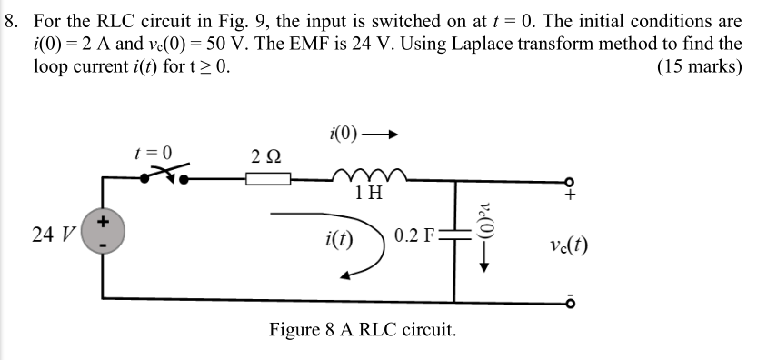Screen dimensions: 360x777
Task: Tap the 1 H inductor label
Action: click(369, 194)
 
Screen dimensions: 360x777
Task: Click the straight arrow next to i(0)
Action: click(381, 137)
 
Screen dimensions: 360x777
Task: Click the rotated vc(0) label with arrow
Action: click(483, 238)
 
